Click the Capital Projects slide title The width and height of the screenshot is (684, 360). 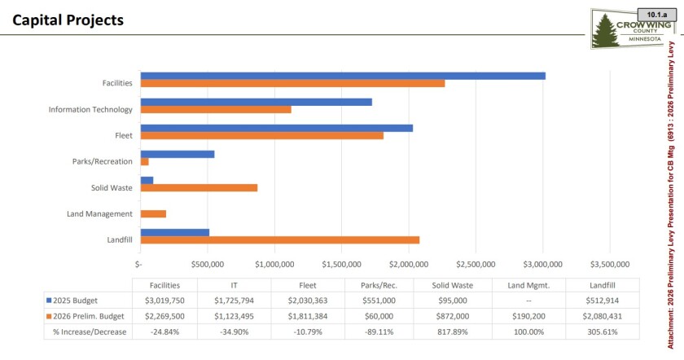tap(69, 20)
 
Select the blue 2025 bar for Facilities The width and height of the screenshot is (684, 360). tap(343, 76)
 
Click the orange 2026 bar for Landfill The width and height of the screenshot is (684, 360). tap(280, 239)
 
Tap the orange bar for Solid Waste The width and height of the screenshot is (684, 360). tap(199, 187)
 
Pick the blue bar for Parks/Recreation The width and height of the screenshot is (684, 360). tap(178, 154)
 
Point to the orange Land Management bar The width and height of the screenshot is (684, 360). tap(153, 213)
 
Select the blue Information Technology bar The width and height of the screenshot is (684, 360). tap(256, 102)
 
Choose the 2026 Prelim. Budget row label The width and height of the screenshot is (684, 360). tap(85, 316)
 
